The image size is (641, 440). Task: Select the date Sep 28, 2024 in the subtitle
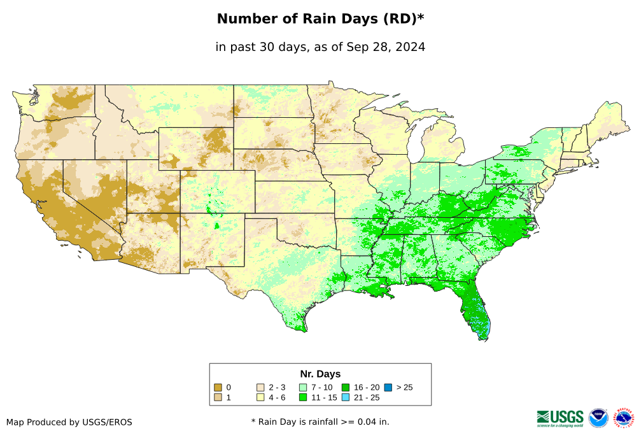point(387,47)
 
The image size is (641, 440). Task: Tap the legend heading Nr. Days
point(320,374)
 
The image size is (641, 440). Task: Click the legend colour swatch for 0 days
point(218,387)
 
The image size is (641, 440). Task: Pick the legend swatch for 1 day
point(218,398)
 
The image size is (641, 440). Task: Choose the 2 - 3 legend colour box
point(260,387)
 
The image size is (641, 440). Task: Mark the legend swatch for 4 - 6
point(260,398)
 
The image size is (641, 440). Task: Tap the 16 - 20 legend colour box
point(346,387)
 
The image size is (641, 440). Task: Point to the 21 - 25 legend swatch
point(346,398)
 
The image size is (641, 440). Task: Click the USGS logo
point(560,418)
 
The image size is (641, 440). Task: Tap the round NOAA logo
point(598,418)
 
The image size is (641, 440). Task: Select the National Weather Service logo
point(624,418)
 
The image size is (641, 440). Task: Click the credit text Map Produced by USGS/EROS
point(69,422)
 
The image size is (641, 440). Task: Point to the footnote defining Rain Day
point(320,422)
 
